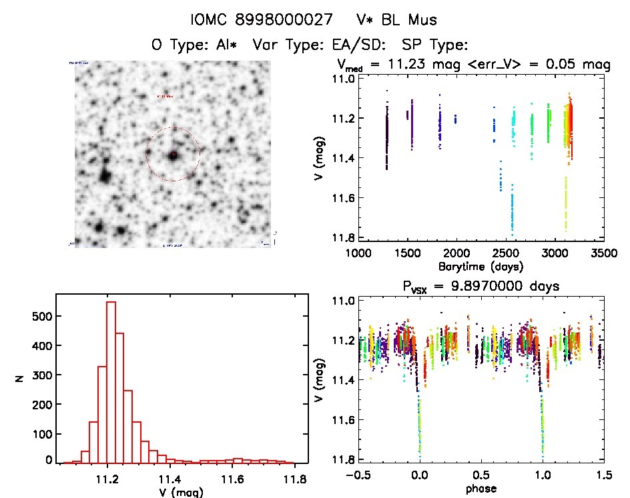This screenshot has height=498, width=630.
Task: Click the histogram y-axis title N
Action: (20, 379)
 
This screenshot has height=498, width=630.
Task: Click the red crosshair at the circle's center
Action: (173, 155)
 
